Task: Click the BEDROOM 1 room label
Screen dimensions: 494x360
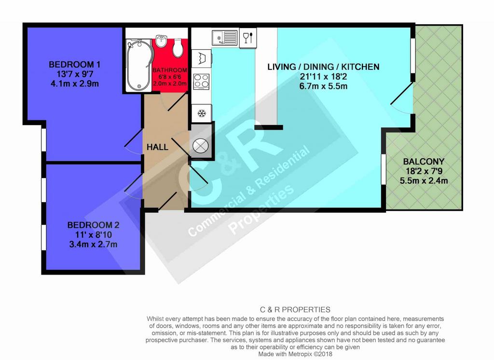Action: (74, 65)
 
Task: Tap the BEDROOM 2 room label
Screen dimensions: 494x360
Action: (93, 225)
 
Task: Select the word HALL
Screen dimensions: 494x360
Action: (158, 147)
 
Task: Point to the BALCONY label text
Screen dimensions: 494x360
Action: (424, 162)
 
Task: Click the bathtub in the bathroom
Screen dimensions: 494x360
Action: (139, 66)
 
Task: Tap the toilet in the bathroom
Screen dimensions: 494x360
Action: (178, 48)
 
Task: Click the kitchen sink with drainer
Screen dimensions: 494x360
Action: (225, 38)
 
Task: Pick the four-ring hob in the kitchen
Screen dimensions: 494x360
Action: (201, 82)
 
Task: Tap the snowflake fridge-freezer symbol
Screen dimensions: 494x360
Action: (202, 113)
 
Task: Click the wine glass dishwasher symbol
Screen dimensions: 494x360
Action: (248, 38)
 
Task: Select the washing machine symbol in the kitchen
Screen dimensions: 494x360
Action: (201, 58)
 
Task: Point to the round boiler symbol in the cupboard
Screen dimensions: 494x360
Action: (201, 146)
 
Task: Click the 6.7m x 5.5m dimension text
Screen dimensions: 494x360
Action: (323, 86)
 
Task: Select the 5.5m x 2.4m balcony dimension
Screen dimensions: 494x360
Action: (424, 181)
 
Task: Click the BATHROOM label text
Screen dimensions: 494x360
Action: (170, 70)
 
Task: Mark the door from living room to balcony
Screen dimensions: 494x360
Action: (402, 98)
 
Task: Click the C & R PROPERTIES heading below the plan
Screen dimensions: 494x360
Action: (295, 310)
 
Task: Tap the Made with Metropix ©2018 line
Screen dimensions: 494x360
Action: (295, 354)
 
